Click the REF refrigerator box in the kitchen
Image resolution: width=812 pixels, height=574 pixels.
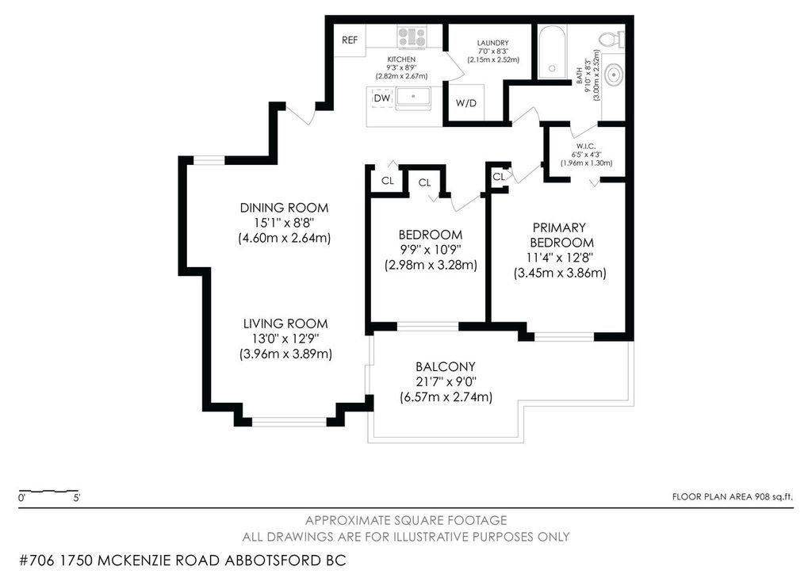(350, 40)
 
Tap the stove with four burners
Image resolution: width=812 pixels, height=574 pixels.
(412, 36)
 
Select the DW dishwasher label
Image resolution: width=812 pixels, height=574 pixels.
(381, 98)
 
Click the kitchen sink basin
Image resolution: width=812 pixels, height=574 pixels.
(412, 98)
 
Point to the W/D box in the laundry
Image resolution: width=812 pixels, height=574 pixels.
(466, 104)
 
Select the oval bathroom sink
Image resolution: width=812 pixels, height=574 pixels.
(612, 75)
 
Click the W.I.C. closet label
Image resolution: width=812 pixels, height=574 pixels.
(586, 145)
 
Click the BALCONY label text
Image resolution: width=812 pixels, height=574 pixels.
(445, 366)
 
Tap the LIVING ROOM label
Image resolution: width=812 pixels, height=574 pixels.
(285, 323)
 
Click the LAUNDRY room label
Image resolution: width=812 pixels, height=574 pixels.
(492, 43)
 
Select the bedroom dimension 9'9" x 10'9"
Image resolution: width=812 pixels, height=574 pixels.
(430, 250)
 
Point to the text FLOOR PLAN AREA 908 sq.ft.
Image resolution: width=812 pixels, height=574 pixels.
(732, 497)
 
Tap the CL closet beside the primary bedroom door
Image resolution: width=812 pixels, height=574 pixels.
(498, 177)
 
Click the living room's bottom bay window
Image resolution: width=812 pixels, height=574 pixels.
(289, 421)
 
